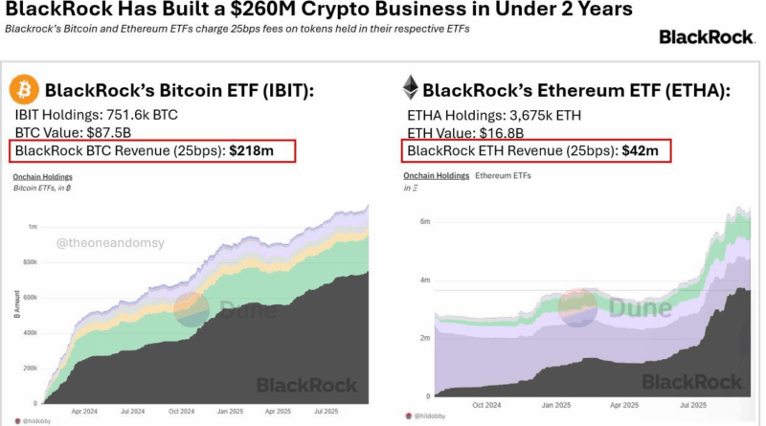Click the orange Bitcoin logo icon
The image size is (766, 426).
point(25,91)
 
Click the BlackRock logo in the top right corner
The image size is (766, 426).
point(706,37)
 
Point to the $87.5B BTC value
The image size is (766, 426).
point(116,132)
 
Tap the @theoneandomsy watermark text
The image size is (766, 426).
point(112,245)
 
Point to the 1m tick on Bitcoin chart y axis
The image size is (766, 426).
point(33,226)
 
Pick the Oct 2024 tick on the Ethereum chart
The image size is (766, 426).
point(485,405)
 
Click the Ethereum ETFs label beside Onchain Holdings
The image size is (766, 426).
point(504,177)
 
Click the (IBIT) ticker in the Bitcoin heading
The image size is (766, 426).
point(279,91)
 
